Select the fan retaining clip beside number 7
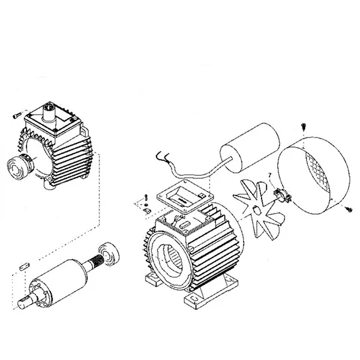(280, 194)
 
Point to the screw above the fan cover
(302, 127)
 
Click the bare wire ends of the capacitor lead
(161, 158)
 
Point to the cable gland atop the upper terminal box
(50, 111)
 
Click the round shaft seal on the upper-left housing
(17, 166)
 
